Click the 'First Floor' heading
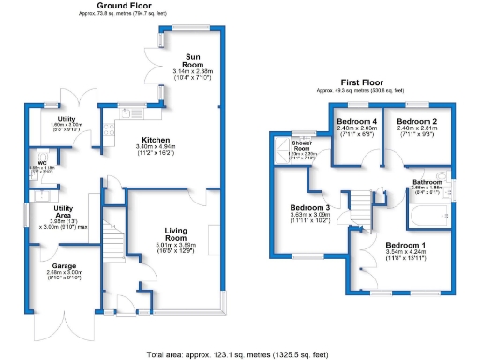[366, 82]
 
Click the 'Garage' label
[65, 265]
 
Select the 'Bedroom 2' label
[415, 123]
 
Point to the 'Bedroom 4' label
[356, 123]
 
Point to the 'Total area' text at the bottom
[240, 353]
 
